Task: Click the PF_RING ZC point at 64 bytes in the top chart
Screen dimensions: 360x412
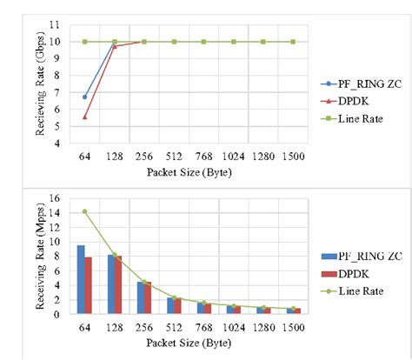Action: coord(84,97)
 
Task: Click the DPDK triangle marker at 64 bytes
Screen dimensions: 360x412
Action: coord(84,117)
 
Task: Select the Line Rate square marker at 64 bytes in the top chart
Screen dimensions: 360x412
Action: coord(84,41)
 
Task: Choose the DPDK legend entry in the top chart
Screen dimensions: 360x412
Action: coord(344,101)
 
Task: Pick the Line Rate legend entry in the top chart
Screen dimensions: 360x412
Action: coord(349,117)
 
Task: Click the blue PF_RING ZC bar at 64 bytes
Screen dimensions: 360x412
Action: coord(80,279)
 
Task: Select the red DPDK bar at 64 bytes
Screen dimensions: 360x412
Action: coord(88,285)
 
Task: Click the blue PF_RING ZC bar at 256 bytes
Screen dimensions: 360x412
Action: coord(140,297)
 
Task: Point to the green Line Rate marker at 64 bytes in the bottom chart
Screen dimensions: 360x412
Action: coord(84,211)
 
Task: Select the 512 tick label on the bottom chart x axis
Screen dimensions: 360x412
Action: coord(174,328)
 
